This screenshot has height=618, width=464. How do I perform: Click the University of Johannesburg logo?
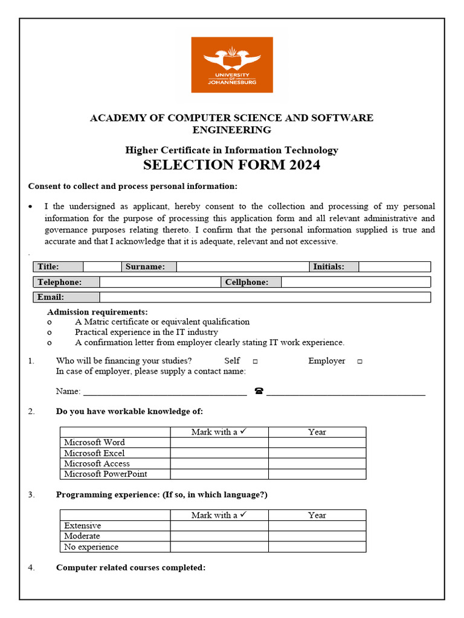coord(232,65)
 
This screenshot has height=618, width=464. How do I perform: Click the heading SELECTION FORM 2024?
coord(232,165)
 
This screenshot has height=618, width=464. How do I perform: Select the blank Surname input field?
coord(243,267)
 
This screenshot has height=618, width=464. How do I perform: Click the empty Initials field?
coord(394,267)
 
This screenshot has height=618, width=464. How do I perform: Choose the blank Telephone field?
coord(160,282)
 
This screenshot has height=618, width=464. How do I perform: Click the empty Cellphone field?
coord(355,282)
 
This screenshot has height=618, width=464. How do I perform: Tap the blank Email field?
coord(265,297)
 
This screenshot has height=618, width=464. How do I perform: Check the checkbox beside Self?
coord(256,362)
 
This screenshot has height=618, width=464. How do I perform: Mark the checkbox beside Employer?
coord(359,362)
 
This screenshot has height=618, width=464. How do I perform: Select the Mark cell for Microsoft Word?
coord(219,442)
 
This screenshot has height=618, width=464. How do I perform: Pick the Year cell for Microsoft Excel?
coord(317,453)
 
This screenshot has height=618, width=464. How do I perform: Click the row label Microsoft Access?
coord(97,463)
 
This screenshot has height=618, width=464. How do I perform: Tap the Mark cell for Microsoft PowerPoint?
coord(219,474)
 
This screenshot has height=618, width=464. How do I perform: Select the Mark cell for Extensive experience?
coord(219,526)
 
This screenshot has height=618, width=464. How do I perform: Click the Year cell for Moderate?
coord(317,536)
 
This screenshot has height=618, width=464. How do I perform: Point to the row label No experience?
coord(91,547)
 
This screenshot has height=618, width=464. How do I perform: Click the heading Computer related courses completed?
coord(130,568)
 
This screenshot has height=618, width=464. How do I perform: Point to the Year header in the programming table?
coord(317,515)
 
